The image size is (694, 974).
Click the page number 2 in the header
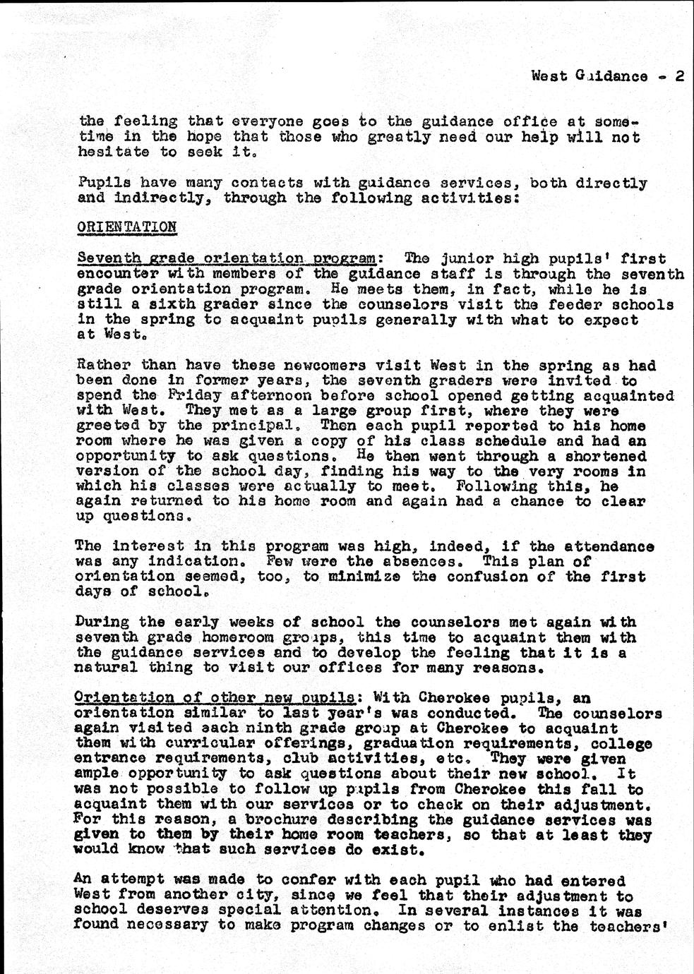tap(679, 76)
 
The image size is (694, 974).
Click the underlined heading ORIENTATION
tap(128, 227)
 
